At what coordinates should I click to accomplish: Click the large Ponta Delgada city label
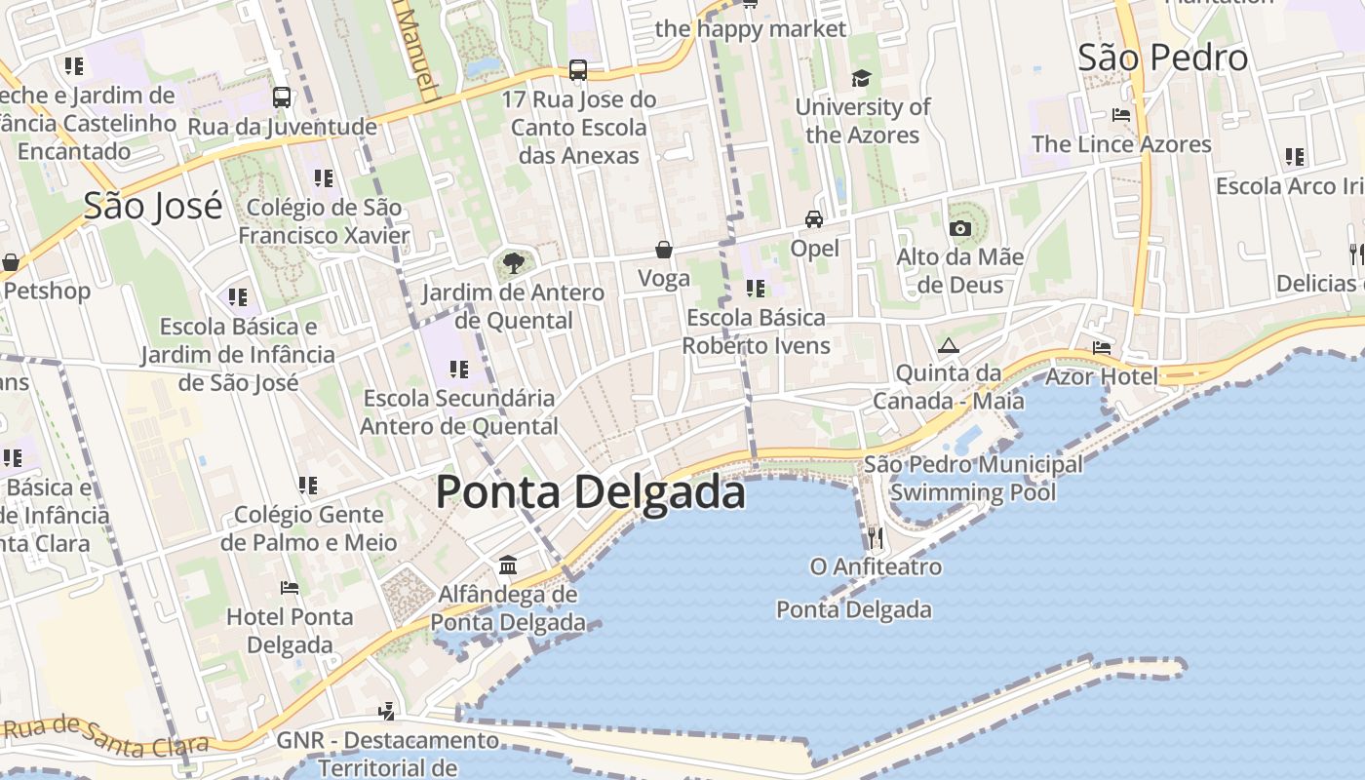(x=590, y=491)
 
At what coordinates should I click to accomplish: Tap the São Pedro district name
(x=1162, y=58)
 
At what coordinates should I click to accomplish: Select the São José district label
(x=153, y=206)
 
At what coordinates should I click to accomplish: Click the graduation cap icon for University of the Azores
(x=861, y=78)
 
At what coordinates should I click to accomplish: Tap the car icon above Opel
(x=814, y=219)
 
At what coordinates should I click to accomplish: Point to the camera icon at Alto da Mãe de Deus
(x=960, y=228)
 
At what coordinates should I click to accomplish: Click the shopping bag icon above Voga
(x=664, y=251)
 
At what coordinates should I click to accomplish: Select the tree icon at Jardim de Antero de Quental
(x=513, y=262)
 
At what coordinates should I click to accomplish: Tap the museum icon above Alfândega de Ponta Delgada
(x=508, y=565)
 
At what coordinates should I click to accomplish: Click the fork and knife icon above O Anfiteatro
(x=876, y=537)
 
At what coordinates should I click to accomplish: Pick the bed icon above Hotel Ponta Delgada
(x=290, y=588)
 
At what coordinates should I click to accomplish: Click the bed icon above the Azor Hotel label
(x=1102, y=347)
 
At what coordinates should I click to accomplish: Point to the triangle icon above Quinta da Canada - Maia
(x=948, y=345)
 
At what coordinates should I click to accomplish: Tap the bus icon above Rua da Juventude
(x=282, y=97)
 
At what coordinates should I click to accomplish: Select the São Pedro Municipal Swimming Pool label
(x=973, y=479)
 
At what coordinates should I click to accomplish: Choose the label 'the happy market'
(x=751, y=28)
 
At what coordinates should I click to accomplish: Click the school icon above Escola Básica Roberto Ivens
(x=756, y=289)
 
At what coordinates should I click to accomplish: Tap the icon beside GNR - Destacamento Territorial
(x=388, y=711)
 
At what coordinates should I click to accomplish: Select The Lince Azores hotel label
(x=1121, y=144)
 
